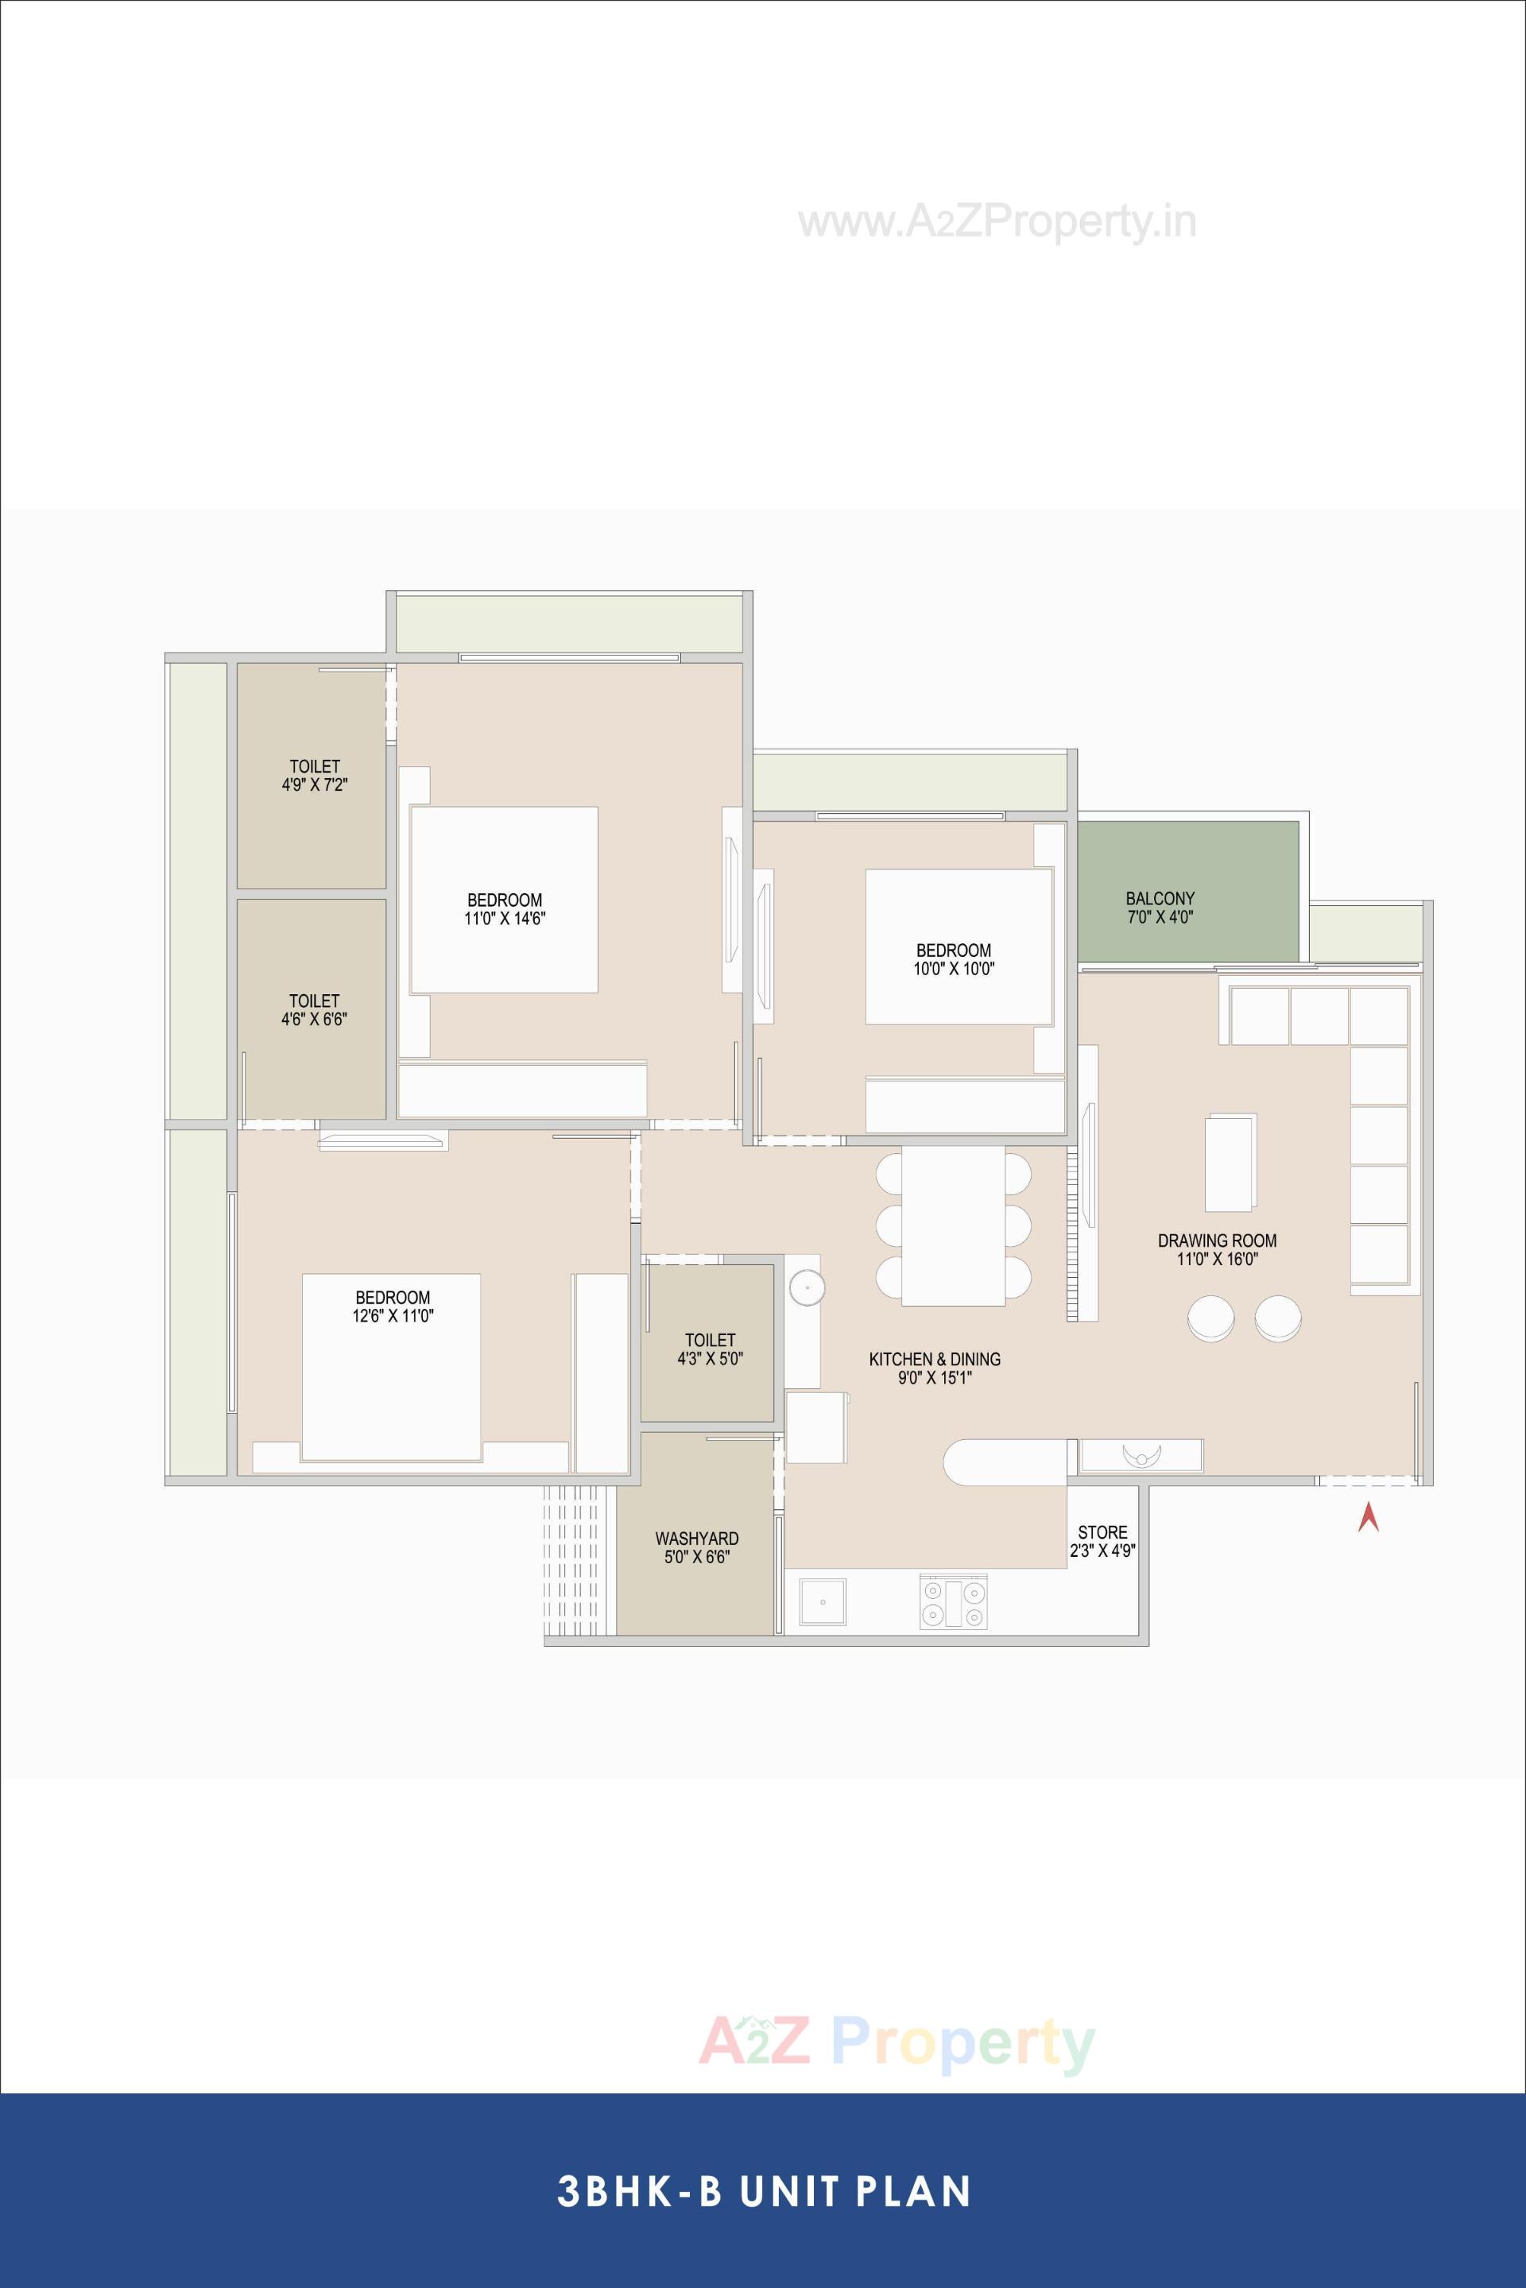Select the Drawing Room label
pos(1217,1249)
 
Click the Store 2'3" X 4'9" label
pos(1102,1542)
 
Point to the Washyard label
pos(697,1547)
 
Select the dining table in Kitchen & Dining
pos(953,1225)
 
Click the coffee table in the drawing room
pos(1230,1162)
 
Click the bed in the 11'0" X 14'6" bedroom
pos(503,900)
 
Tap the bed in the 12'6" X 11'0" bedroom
pos(391,1366)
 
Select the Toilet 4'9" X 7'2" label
pos(315,775)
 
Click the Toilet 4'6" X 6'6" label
pos(315,1009)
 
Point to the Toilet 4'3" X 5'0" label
pos(710,1349)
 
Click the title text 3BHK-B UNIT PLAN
pos(763,2192)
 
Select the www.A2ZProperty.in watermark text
pos(997,223)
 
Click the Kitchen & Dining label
pos(935,1368)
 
